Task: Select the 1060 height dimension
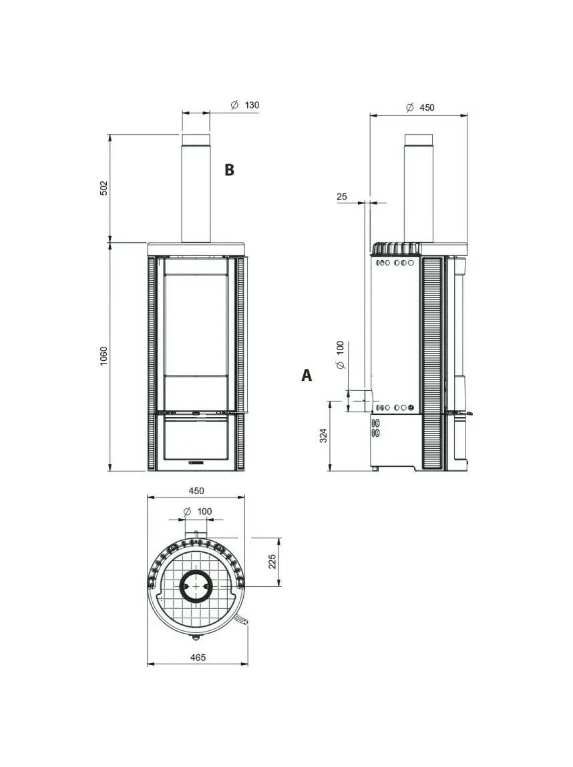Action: click(x=104, y=357)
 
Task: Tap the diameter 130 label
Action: click(x=245, y=105)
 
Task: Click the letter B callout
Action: click(x=229, y=170)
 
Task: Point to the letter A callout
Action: click(x=307, y=375)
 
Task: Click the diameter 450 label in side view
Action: click(x=421, y=107)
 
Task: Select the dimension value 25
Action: click(x=342, y=197)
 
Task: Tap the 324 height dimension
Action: click(x=323, y=436)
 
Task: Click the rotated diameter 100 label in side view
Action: click(x=340, y=355)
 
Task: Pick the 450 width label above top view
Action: click(x=196, y=491)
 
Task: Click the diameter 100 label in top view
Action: click(x=198, y=512)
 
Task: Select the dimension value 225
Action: click(x=272, y=562)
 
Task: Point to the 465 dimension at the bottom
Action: click(x=197, y=657)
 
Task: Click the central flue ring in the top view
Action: click(x=196, y=587)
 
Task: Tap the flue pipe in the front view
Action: click(x=196, y=190)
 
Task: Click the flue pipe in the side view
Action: click(x=418, y=190)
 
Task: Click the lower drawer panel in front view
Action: click(x=196, y=438)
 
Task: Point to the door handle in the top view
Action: click(x=242, y=622)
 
